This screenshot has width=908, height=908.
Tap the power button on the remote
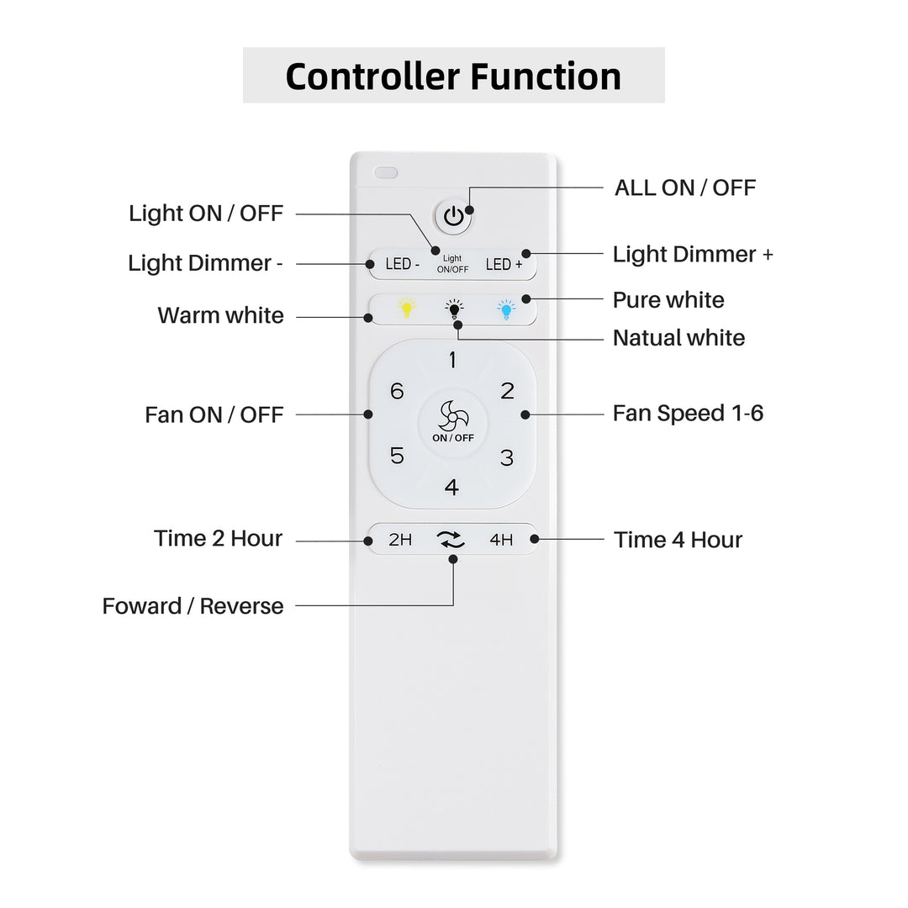453,217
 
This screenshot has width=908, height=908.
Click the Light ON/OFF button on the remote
452,264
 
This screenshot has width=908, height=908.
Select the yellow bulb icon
407,308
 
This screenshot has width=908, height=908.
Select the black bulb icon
454,309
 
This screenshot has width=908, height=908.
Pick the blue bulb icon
506,309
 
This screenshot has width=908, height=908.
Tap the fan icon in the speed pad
453,414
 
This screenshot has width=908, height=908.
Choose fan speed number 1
452,360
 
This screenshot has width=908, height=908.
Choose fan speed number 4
451,487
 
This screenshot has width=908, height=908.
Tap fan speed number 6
397,391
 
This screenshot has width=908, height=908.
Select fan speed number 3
507,458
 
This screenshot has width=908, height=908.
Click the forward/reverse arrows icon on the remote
451,540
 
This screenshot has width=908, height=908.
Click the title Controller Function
453,76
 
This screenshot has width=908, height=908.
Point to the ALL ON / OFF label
685,187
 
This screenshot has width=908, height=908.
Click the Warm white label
220,315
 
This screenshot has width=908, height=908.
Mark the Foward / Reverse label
193,606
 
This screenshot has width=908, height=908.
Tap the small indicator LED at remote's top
386,172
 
